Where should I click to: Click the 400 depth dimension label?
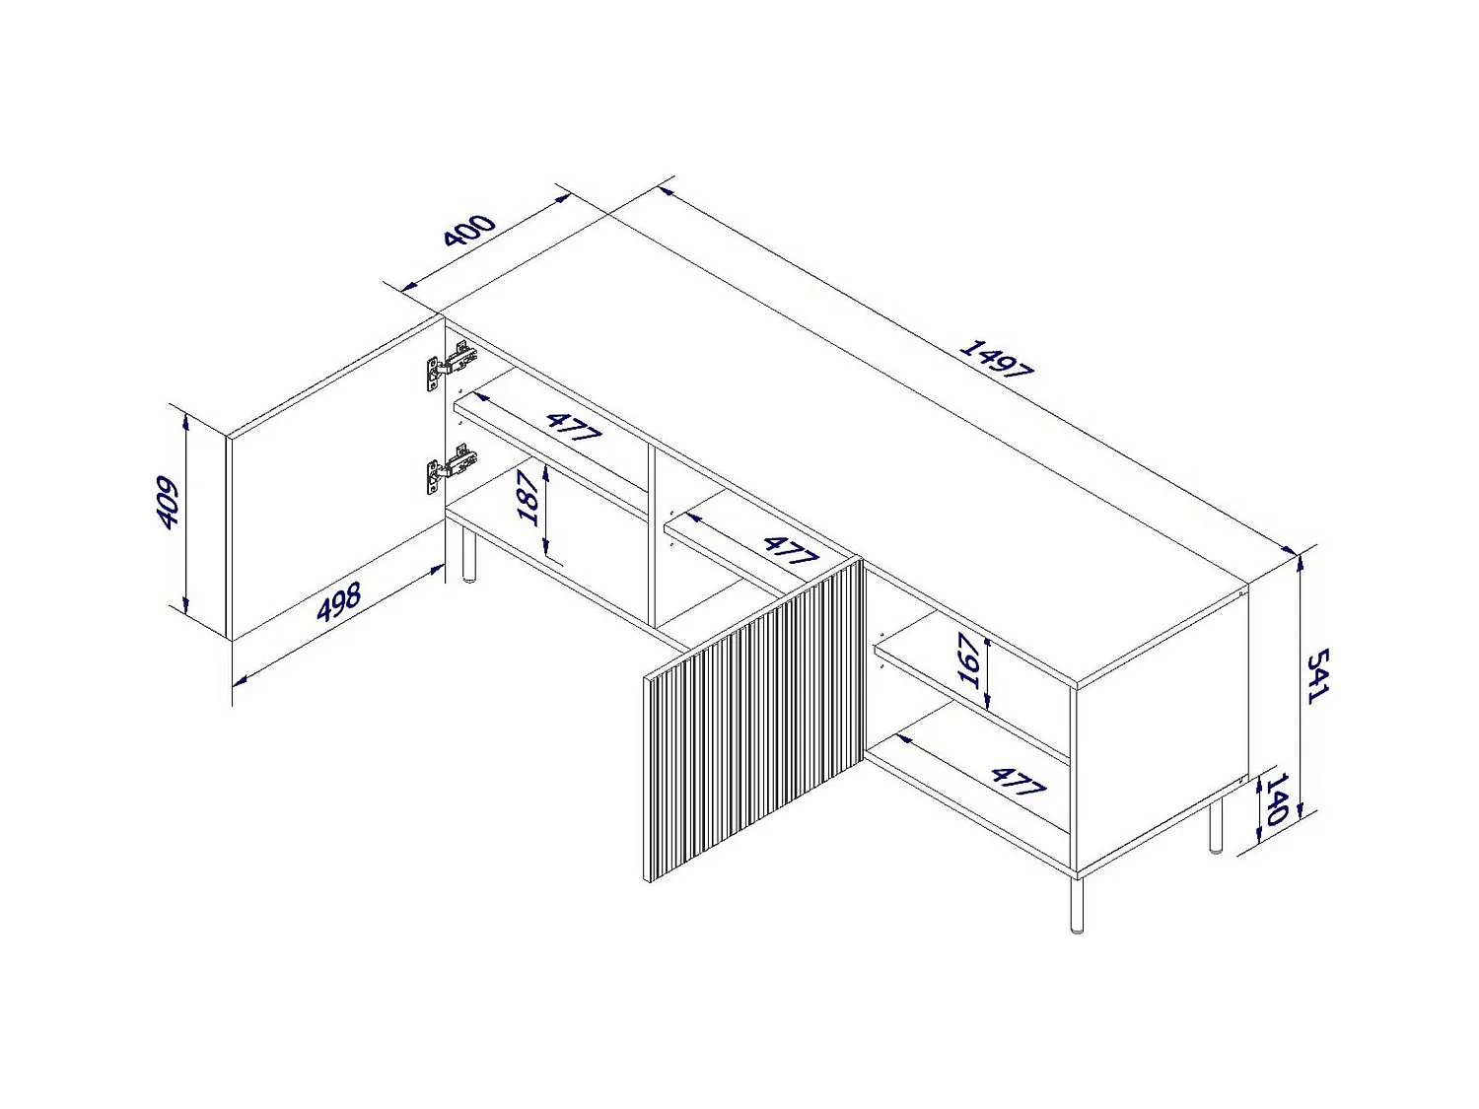click(469, 230)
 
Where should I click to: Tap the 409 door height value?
click(167, 503)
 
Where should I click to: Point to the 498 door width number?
click(339, 601)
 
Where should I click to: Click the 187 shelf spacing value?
click(528, 498)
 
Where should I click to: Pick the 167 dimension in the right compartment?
click(968, 660)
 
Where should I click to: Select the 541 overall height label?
click(1317, 676)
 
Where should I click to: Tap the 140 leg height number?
click(1277, 799)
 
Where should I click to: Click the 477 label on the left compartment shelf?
click(574, 428)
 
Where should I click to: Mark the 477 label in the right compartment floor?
click(1019, 781)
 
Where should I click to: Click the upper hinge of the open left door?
click(450, 366)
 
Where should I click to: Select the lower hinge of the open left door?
click(450, 468)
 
